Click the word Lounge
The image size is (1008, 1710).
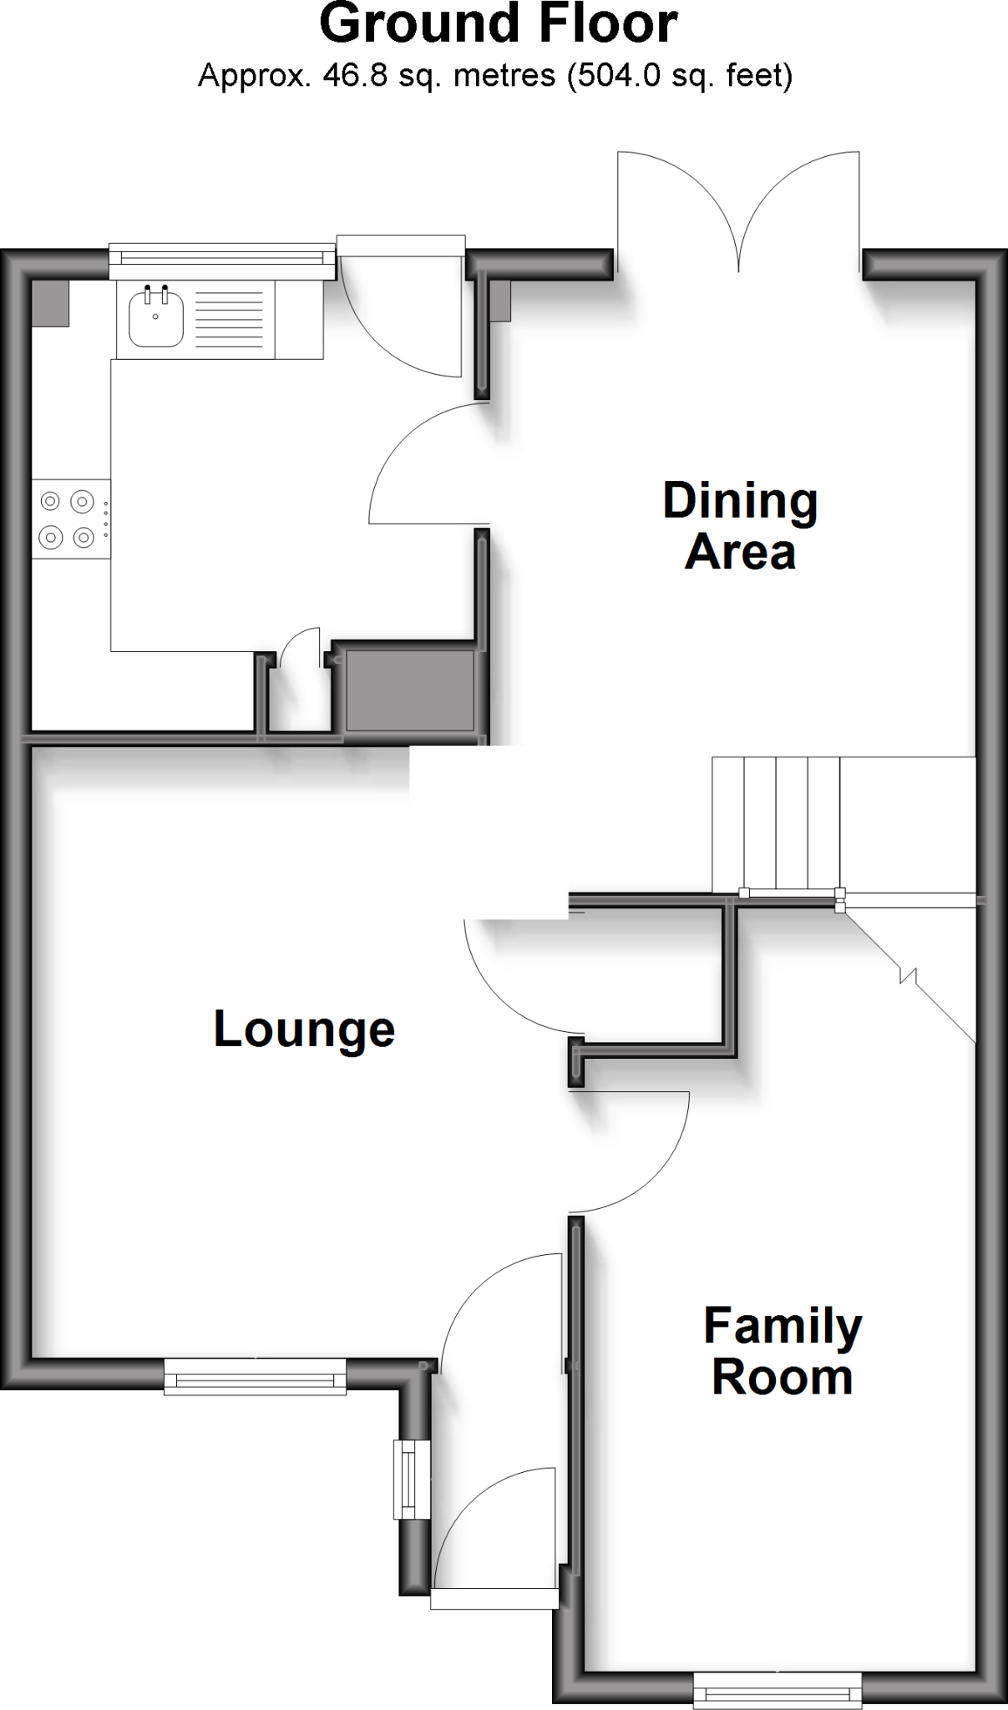[x=304, y=1029]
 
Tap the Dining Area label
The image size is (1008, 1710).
[x=740, y=526]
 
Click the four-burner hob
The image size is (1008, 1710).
[x=68, y=519]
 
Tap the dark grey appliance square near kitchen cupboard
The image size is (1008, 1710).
[x=409, y=690]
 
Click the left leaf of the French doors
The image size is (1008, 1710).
[x=673, y=200]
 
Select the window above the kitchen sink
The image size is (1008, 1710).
[x=221, y=261]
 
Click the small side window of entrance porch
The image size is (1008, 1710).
[x=412, y=1479]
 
